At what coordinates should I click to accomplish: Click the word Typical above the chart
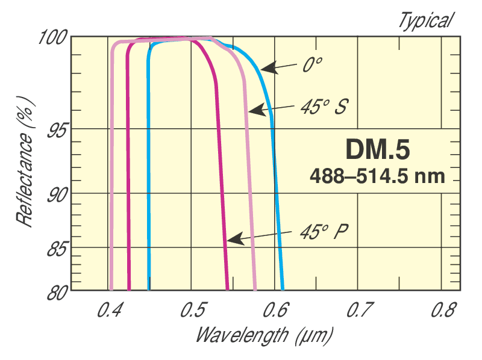point(424,21)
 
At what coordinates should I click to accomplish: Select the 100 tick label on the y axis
point(52,37)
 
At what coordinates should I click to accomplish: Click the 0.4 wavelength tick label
point(110,311)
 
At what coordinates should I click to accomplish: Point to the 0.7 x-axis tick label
point(358,311)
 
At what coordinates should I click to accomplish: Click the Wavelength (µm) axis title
point(264,334)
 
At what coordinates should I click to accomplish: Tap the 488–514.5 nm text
point(377,176)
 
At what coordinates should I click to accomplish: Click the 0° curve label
point(310,65)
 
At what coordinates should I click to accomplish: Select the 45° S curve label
point(323,108)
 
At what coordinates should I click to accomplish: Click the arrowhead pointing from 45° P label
point(231,240)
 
